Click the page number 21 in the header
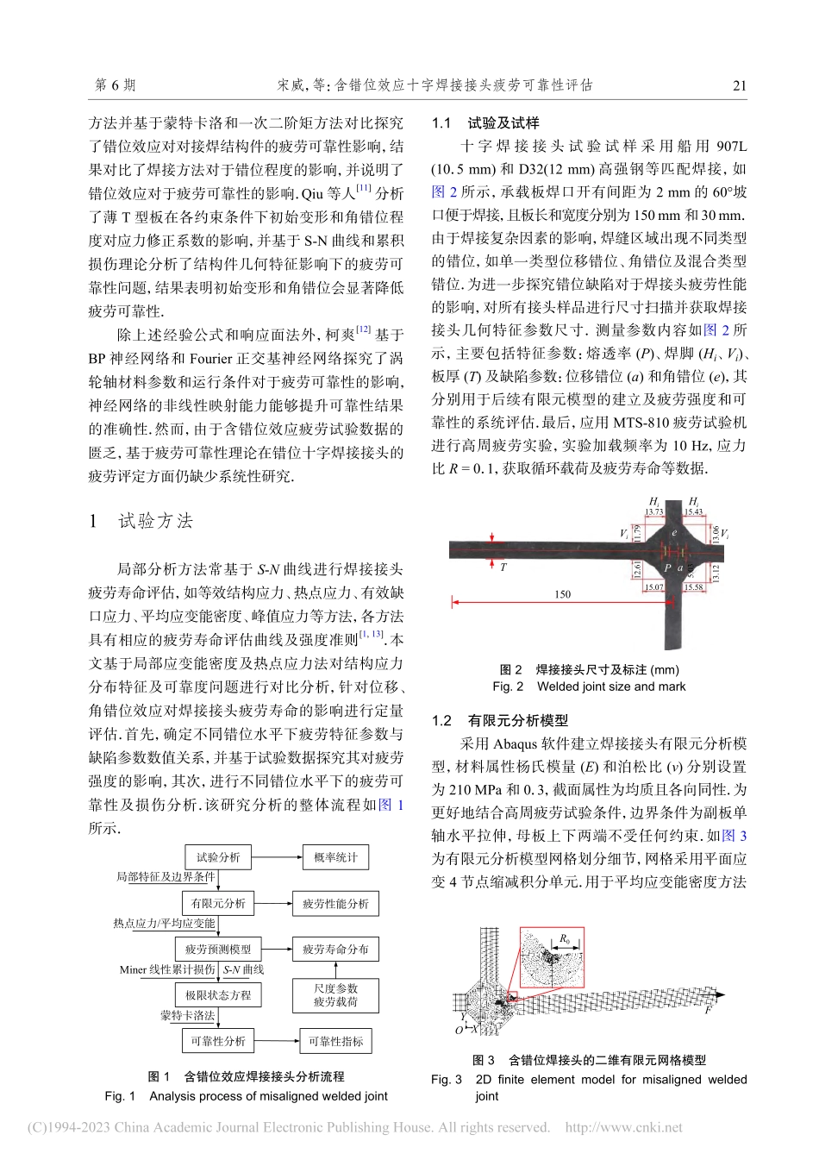click(739, 85)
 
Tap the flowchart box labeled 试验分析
click(218, 857)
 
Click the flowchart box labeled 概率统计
click(335, 857)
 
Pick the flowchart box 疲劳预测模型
click(218, 950)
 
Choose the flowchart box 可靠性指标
click(335, 1042)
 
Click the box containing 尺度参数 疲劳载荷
click(335, 995)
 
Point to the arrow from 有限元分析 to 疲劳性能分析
click(274, 903)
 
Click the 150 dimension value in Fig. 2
click(562, 594)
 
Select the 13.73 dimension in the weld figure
click(654, 512)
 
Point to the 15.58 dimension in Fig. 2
click(693, 587)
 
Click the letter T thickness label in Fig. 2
click(503, 567)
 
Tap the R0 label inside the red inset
click(565, 939)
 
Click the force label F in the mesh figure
click(708, 1010)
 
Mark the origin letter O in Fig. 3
click(460, 1031)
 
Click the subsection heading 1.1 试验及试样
click(485, 123)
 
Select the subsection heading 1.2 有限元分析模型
click(500, 721)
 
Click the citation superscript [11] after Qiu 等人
click(363, 188)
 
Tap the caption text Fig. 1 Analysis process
click(246, 1096)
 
